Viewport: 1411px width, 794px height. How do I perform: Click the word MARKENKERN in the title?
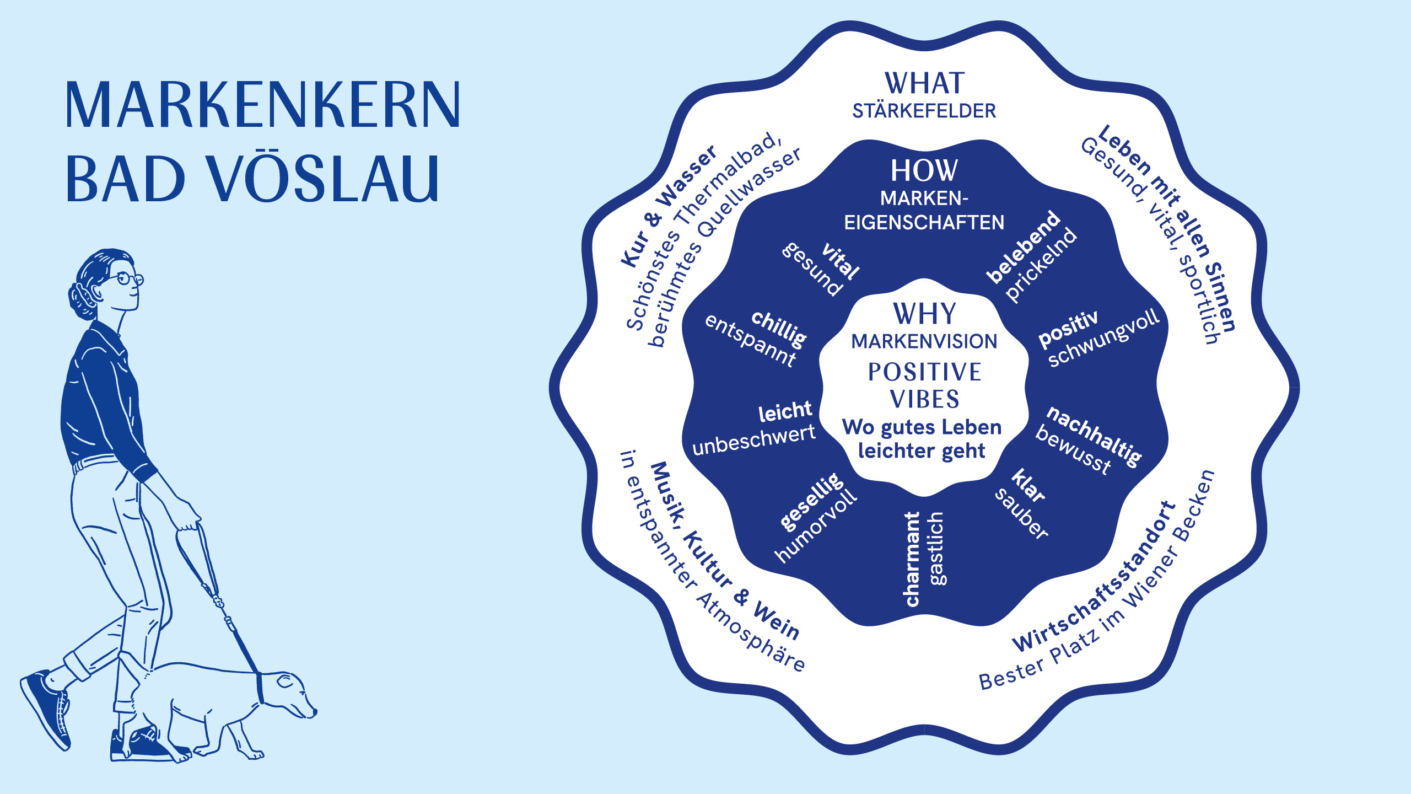coord(262,105)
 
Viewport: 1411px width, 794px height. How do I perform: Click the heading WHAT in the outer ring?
coord(924,84)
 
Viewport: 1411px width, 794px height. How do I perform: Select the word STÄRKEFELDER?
coord(924,111)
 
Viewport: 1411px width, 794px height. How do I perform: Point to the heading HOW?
coord(924,171)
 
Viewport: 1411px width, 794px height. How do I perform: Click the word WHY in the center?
coord(924,314)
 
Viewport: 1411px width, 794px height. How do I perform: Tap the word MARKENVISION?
coord(924,342)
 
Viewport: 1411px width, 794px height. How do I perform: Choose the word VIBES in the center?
coord(924,399)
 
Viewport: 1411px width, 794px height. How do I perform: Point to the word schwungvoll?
coord(1105,337)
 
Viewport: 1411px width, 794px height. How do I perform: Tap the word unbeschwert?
coord(754,440)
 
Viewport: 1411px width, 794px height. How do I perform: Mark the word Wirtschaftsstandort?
coord(1095,577)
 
